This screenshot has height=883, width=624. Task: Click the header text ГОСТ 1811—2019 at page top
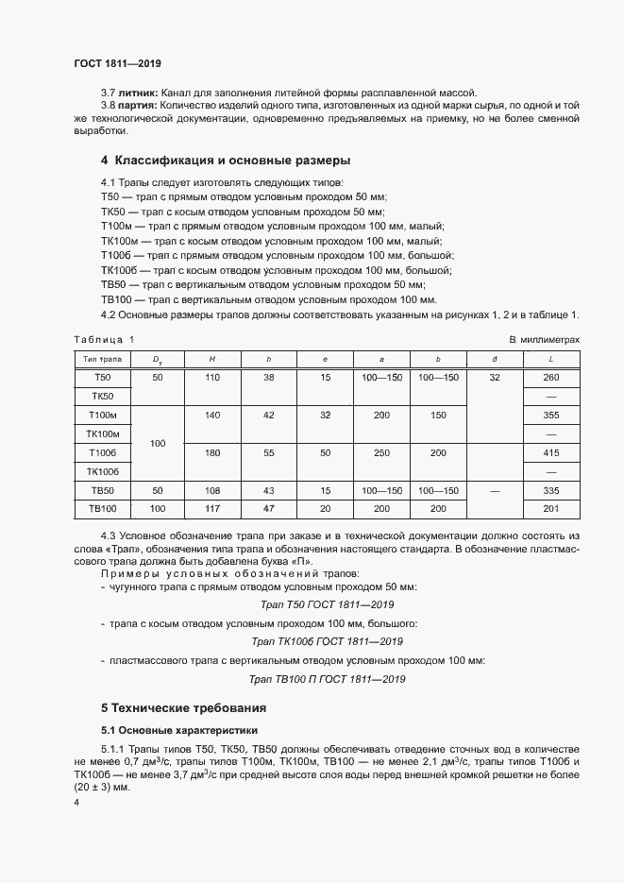[117, 63]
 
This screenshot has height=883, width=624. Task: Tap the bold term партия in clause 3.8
[140, 106]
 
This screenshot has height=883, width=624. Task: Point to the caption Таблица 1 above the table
[104, 338]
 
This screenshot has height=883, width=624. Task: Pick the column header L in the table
[550, 359]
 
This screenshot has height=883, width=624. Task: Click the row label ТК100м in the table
[101, 433]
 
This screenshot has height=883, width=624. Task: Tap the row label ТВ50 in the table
[101, 490]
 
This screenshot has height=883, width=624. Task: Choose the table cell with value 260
[550, 378]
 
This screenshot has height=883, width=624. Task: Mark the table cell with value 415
[550, 452]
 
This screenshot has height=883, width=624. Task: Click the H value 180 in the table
[211, 452]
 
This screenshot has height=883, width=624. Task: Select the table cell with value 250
[381, 452]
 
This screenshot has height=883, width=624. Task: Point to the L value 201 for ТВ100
[550, 509]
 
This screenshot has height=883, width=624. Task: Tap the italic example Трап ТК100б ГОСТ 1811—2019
[327, 641]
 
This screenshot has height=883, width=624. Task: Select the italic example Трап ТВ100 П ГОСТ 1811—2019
[327, 679]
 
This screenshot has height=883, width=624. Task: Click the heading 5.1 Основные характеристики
[177, 731]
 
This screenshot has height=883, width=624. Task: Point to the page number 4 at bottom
[76, 802]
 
